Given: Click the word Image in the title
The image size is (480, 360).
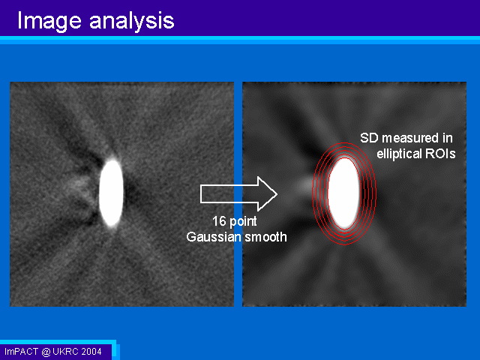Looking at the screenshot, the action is coord(49,22).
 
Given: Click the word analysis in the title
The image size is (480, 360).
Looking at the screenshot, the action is coord(132,22).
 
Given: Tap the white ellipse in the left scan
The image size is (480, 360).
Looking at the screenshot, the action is coord(111,193).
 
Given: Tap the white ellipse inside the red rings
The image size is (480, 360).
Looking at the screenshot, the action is coord(344,193).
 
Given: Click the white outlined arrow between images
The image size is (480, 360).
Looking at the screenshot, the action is coord(238,193).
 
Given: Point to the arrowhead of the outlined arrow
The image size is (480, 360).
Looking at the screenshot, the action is coord(277,193).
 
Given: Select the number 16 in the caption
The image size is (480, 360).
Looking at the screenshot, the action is coord(219,221).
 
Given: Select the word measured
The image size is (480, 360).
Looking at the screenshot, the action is coord(410,138).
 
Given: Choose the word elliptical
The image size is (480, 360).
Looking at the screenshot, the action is coord(399,154).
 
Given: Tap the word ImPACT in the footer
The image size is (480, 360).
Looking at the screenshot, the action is coord(22,352).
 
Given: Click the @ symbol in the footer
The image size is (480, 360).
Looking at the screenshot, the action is coord(46,352).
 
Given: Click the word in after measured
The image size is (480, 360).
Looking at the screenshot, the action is coord(447,138).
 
